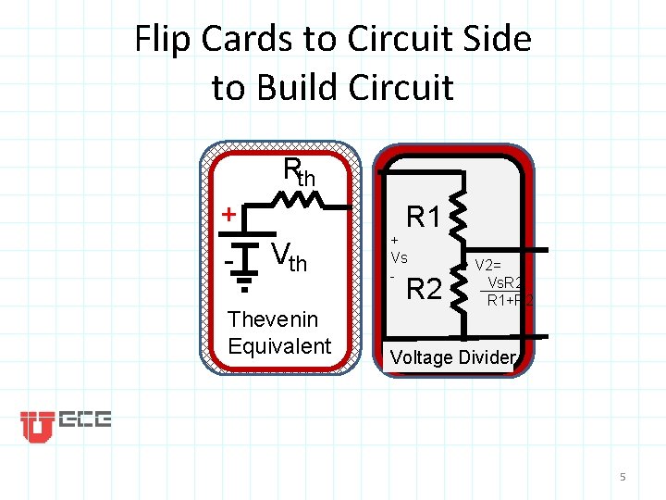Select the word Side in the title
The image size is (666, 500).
[496, 40]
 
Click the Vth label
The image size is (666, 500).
[290, 256]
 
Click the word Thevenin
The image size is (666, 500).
[272, 319]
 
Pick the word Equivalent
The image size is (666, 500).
[278, 346]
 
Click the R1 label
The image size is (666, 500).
[424, 218]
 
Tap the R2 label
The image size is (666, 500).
[424, 290]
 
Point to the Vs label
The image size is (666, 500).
[399, 256]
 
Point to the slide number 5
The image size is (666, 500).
[623, 477]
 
